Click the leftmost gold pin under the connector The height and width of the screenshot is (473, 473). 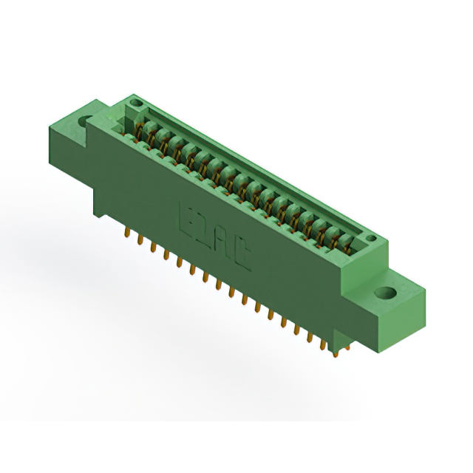[126, 233]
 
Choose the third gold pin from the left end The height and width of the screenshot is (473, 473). [152, 245]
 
